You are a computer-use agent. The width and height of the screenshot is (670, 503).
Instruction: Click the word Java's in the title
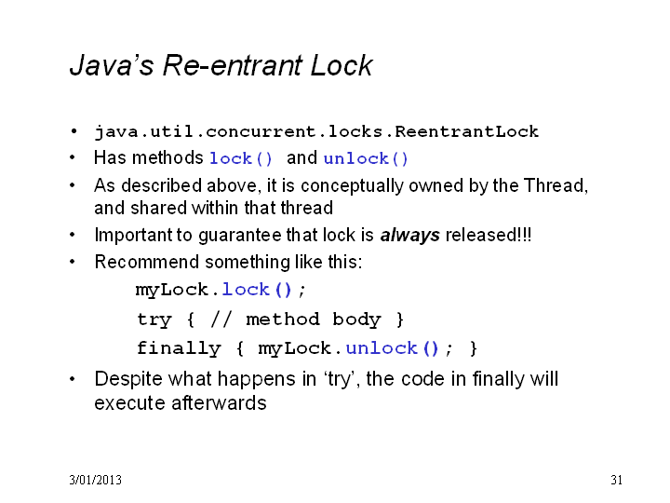pos(112,65)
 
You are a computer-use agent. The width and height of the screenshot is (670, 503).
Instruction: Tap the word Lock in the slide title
pos(342,65)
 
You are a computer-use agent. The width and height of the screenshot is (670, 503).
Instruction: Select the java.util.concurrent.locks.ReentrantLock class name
pos(316,131)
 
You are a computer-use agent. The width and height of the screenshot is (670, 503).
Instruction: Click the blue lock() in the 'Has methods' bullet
pos(241,158)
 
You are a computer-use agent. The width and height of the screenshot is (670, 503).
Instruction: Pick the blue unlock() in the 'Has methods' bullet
pos(366,158)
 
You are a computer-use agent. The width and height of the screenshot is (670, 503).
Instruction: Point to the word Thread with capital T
pos(556,185)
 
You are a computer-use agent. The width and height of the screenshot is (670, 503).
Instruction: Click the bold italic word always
pos(409,236)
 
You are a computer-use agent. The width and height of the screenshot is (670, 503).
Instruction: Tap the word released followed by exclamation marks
pos(489,235)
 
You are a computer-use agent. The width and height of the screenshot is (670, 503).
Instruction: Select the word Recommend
pos(147,262)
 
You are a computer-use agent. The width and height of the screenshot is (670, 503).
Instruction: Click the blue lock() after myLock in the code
pos(257,290)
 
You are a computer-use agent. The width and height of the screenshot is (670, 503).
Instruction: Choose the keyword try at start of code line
pos(154,319)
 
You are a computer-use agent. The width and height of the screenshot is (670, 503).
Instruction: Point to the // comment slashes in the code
pos(221,319)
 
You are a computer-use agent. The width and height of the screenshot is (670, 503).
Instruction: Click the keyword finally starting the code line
pos(179,348)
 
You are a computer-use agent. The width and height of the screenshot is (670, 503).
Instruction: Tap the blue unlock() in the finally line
pos(393,348)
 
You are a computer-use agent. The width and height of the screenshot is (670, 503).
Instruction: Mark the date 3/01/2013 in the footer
pos(95,480)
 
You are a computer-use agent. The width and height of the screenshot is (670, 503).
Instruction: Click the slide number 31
pos(616,480)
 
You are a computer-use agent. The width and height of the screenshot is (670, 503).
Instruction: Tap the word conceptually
pos(352,186)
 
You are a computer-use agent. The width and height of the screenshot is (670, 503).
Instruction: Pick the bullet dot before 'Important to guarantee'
pos(73,235)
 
